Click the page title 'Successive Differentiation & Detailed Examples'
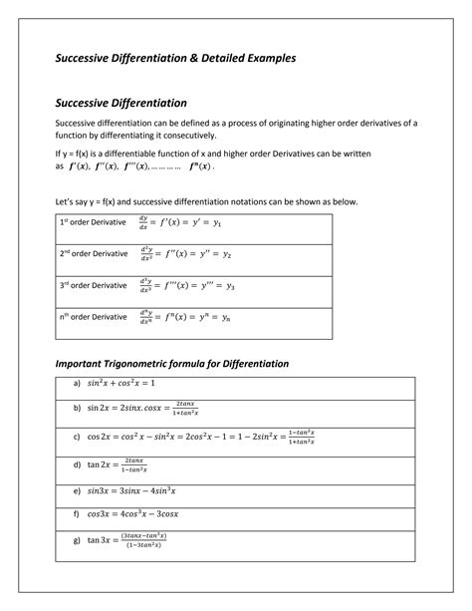click(x=174, y=59)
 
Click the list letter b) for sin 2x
click(x=77, y=408)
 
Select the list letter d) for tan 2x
click(x=77, y=464)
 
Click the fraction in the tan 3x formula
click(x=141, y=540)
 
